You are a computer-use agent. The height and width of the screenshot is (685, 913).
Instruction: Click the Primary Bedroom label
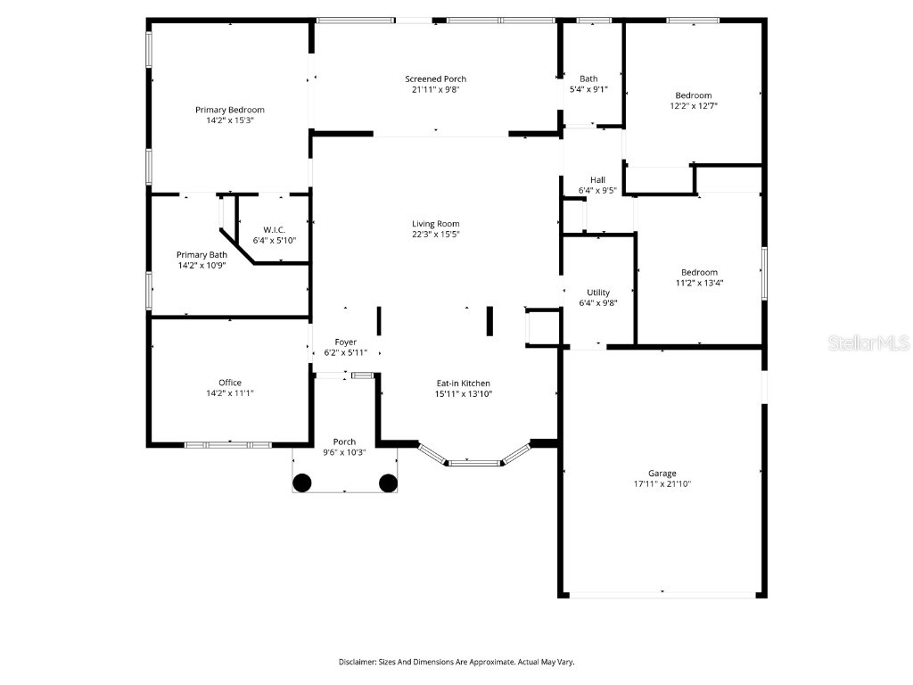pos(230,110)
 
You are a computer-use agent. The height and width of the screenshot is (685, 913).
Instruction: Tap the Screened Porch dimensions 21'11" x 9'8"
pos(435,89)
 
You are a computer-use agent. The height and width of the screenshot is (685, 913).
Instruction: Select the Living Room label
pos(435,224)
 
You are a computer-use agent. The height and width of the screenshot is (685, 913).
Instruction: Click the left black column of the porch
pos(302,483)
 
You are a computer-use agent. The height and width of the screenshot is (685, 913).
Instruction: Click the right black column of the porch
pos(388,483)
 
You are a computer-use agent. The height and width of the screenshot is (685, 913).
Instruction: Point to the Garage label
pos(662,474)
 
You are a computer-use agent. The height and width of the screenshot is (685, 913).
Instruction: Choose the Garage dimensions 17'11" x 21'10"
pos(662,484)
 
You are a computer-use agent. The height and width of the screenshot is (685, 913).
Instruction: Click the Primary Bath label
pos(202,254)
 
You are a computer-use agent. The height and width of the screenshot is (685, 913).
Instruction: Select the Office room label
pos(230,383)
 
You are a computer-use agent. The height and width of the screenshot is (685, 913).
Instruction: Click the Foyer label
pos(345,342)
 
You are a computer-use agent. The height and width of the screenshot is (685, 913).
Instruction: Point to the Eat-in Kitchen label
pos(463,383)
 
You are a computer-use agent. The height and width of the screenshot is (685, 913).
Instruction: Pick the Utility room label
pos(597,293)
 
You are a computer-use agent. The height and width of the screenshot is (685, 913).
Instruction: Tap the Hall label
pos(597,179)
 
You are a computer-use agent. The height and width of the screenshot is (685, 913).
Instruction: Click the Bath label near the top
pos(588,78)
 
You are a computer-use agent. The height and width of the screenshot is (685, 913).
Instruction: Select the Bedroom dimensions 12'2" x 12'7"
pos(694,106)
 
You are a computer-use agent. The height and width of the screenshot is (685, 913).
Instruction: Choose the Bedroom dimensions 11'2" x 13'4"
pos(699,283)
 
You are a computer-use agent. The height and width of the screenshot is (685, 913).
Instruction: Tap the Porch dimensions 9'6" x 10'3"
pos(344,452)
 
